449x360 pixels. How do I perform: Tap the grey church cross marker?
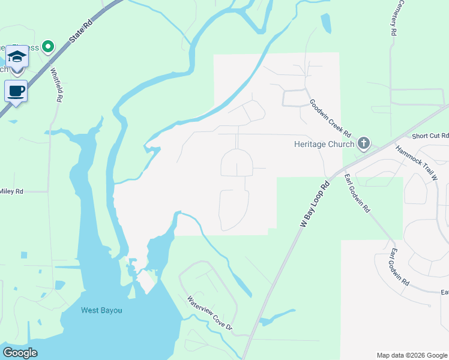pos(363,143)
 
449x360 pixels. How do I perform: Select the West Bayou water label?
pos(101,310)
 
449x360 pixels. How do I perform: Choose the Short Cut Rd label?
pos(430,136)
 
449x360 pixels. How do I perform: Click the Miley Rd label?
pos(11,191)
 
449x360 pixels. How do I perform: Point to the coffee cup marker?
pos(16,91)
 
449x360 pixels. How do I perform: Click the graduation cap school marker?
pos(17,58)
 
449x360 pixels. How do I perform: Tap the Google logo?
pos(20,353)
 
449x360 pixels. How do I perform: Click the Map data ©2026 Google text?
pos(411,355)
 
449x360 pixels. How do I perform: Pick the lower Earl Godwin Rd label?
pos(400,266)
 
